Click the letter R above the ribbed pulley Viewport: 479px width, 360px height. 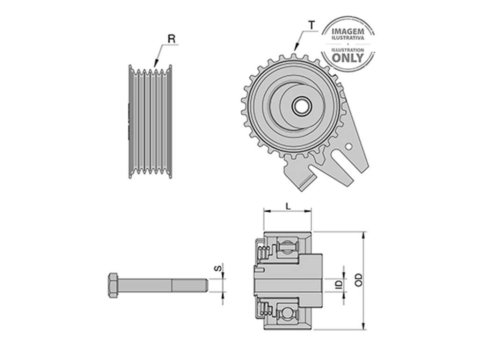point(172,39)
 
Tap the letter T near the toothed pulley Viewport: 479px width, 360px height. point(312,25)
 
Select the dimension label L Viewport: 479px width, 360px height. point(288,206)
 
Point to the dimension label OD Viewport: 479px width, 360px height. point(359,280)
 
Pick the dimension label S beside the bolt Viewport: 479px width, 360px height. point(218,269)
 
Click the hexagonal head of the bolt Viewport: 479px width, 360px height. point(113,285)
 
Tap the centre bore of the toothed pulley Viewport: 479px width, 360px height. point(302,106)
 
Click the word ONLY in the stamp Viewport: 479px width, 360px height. point(348,58)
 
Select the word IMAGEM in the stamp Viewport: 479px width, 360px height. point(348,31)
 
